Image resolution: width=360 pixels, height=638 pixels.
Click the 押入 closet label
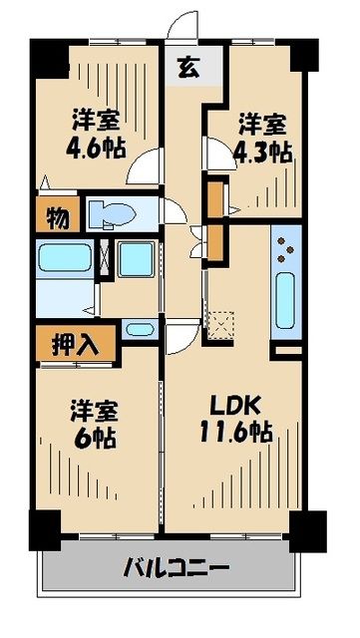click(75, 346)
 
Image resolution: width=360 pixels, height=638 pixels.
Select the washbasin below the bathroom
click(140, 328)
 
